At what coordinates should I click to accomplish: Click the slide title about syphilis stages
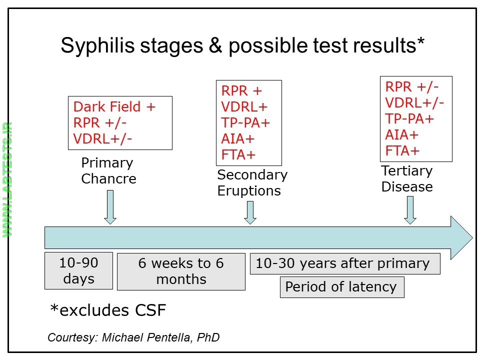click(x=242, y=45)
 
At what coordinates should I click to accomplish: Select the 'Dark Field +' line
click(x=114, y=106)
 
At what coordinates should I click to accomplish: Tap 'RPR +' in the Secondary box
click(x=241, y=91)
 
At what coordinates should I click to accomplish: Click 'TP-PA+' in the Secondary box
click(x=245, y=123)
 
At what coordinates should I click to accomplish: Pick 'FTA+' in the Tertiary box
click(x=402, y=150)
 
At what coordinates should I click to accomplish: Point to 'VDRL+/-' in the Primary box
click(x=103, y=138)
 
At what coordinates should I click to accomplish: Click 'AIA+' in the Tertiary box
click(x=402, y=134)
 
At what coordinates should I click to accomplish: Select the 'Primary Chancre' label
click(x=108, y=171)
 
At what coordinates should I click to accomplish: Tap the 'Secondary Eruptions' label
click(x=252, y=183)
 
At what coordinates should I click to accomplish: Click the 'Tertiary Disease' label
click(x=407, y=178)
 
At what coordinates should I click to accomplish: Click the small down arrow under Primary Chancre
click(x=110, y=207)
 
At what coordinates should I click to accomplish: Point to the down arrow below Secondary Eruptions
click(x=250, y=212)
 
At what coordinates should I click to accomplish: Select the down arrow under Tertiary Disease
click(x=410, y=210)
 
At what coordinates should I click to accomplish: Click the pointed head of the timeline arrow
click(x=461, y=237)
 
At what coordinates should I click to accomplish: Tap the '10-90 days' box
click(x=78, y=271)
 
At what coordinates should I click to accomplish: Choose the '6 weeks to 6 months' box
click(x=181, y=271)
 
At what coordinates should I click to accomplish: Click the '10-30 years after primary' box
click(x=345, y=264)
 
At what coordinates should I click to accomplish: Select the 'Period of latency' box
click(x=341, y=287)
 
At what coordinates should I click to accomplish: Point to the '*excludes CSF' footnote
click(x=108, y=310)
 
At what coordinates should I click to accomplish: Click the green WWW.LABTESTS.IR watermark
click(x=7, y=179)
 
